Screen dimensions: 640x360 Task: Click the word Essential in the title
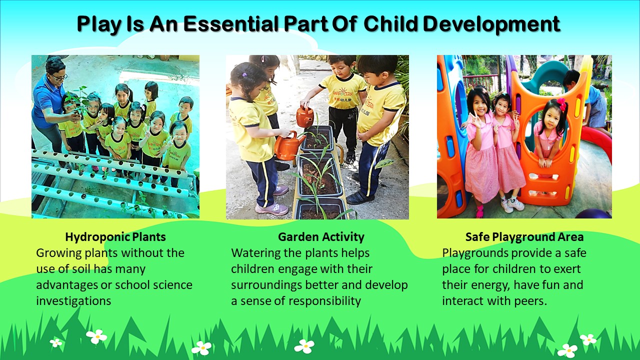(x=231, y=23)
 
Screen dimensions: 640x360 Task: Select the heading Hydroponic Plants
(x=115, y=237)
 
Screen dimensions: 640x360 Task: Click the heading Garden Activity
(x=321, y=237)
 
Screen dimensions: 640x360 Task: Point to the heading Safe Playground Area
(x=524, y=237)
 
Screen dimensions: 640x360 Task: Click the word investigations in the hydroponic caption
(x=73, y=301)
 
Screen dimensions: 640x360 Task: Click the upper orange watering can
(x=305, y=116)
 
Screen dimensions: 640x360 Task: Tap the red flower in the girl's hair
(x=561, y=104)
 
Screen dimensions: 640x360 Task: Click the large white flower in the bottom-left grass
(x=96, y=336)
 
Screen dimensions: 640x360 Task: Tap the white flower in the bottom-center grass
(x=304, y=346)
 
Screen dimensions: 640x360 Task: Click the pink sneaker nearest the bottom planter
(x=271, y=209)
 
